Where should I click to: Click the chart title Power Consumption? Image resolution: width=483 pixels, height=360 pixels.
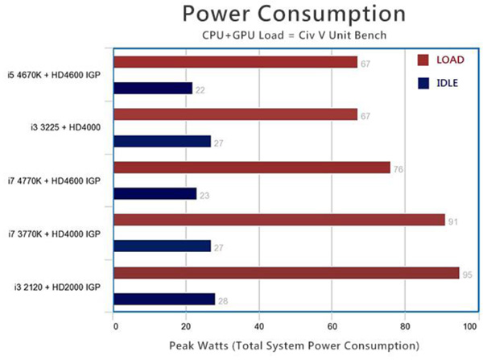pos(293,14)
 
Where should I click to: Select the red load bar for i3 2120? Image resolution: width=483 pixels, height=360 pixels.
pos(287,273)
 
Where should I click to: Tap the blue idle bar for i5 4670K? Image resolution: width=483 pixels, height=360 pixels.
pos(154,89)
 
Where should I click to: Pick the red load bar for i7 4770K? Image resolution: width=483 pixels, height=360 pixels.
pos(252,168)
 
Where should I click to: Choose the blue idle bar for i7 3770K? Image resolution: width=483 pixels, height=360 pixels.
pos(163,246)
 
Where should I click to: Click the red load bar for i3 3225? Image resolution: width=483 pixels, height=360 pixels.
pos(236,114)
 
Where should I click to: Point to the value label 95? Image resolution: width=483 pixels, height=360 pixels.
pos(467,274)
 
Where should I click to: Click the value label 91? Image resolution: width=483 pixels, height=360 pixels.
pos(452,221)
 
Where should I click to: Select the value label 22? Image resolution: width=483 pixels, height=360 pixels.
pos(200,89)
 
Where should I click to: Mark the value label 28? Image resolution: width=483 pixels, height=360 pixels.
pos(221,300)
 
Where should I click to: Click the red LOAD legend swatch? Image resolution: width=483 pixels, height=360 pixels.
pos(423,59)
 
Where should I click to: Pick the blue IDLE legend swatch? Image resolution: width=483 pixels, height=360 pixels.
pos(423,82)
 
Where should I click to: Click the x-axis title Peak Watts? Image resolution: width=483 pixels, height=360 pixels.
pos(294,345)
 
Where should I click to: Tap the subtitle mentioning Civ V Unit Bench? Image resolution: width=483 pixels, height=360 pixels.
pos(293,36)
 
